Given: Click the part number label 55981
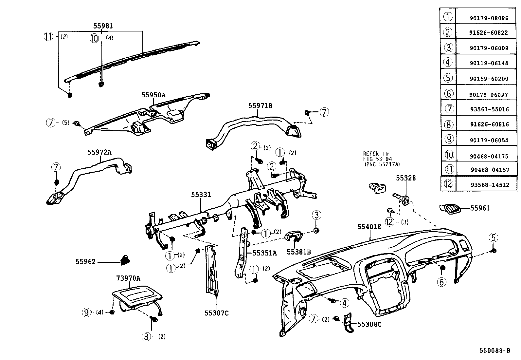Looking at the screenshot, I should point(103,26).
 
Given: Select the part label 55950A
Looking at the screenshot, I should point(153,95).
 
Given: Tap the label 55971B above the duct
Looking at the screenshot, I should point(260,105).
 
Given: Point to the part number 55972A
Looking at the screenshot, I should point(99,152).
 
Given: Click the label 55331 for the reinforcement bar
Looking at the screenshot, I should point(201,195).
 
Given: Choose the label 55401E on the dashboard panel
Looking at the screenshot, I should point(369,226).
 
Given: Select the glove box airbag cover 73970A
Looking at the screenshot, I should point(137,298).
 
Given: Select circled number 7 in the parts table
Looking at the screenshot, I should point(449,108).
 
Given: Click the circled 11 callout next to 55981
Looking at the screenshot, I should point(48,36).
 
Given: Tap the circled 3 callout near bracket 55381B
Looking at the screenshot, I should point(316,215).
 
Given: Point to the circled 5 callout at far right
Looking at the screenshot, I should point(494,237).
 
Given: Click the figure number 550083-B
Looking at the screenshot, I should point(495,351).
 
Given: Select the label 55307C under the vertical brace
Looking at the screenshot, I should point(216,313).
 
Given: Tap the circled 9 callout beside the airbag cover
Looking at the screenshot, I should point(86,312).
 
